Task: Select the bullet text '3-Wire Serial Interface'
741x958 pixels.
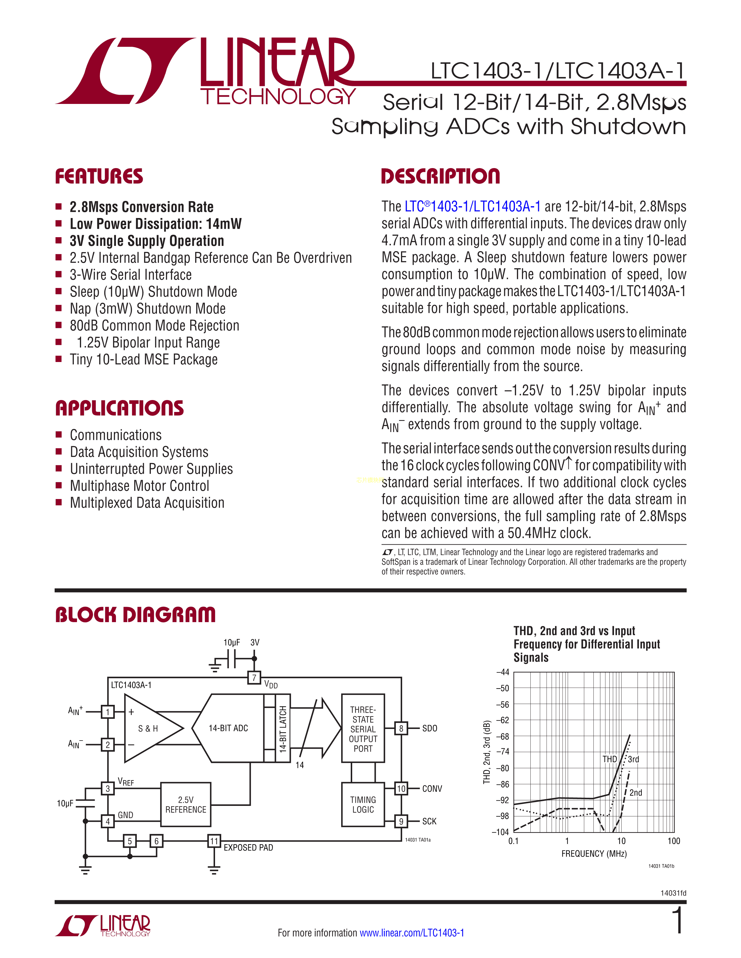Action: pyautogui.click(x=130, y=275)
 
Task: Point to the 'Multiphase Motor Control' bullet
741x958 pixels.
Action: pyautogui.click(x=139, y=486)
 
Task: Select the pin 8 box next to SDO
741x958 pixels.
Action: pyautogui.click(x=401, y=728)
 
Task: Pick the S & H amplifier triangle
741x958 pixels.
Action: pyautogui.click(x=149, y=728)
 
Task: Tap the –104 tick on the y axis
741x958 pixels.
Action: pyautogui.click(x=500, y=832)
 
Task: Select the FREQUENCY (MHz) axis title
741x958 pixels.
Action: pyautogui.click(x=594, y=853)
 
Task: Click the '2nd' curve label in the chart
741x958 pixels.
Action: pyautogui.click(x=636, y=793)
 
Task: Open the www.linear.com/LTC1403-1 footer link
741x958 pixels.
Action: pyautogui.click(x=412, y=932)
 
